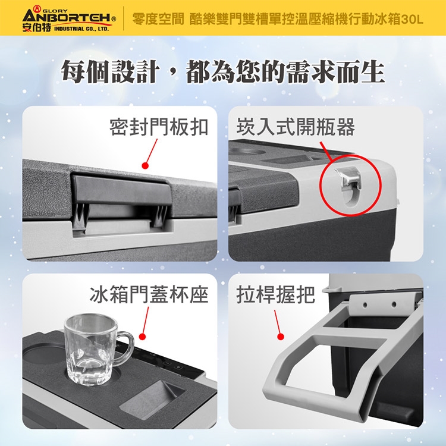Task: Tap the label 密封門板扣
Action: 159,127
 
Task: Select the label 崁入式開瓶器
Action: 296,127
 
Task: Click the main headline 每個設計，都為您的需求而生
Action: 223,72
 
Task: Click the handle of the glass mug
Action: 125,348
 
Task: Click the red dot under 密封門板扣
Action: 145,165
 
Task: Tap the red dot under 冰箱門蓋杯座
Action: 143,337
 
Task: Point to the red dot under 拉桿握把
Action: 281,337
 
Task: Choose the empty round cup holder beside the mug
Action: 43,355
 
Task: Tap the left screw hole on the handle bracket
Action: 365,305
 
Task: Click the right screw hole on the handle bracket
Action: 394,304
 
